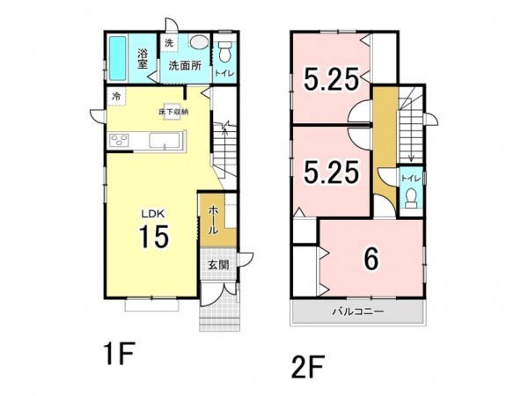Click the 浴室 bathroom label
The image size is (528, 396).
[143, 59]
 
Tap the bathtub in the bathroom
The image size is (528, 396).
[118, 58]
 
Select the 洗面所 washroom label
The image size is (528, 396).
[185, 66]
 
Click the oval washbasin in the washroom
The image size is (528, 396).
[200, 42]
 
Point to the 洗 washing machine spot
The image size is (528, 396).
[169, 43]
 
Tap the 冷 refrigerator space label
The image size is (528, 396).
[116, 97]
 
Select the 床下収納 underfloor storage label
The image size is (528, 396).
[173, 112]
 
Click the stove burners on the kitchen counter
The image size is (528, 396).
[120, 140]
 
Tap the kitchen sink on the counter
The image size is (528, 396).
[165, 140]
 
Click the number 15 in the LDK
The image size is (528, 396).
[154, 236]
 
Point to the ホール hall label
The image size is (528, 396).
[214, 220]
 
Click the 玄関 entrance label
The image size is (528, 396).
[218, 265]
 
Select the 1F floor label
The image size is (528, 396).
[120, 353]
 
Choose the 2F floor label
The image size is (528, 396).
[308, 367]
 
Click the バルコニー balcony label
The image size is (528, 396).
[358, 312]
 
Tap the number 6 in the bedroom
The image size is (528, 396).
[371, 259]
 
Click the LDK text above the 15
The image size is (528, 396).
[152, 213]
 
